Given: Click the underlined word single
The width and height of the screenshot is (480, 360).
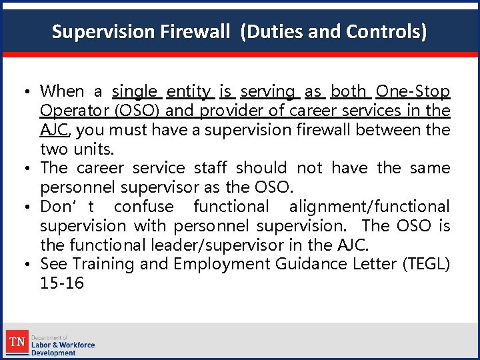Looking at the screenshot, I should (x=135, y=91).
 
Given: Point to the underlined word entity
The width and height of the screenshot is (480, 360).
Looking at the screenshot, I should (x=189, y=91).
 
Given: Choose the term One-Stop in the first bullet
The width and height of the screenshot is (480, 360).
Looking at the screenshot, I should (x=413, y=91).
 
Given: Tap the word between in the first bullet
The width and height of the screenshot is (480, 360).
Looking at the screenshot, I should (x=389, y=130).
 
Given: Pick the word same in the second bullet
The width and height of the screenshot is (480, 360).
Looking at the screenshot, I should (x=429, y=168).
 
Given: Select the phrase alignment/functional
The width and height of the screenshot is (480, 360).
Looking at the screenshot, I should (x=369, y=207).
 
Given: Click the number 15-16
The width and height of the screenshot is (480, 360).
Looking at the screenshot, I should (x=62, y=283).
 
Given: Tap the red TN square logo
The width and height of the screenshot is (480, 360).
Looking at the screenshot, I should (x=17, y=342).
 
